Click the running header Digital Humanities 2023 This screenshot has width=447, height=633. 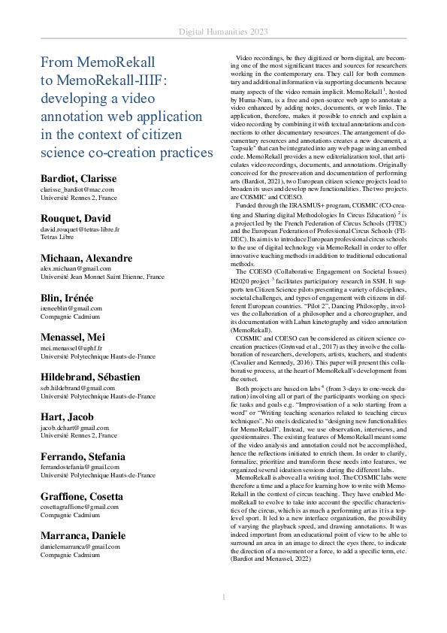(x=223, y=31)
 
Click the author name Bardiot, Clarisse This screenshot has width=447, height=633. (x=78, y=178)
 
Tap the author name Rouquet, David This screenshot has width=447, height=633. (x=76, y=218)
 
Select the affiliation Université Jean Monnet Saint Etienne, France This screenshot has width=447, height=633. (x=102, y=277)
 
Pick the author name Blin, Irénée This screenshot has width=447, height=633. (x=67, y=297)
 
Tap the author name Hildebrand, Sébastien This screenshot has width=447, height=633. (x=89, y=376)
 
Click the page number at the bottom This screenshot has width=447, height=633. (x=223, y=596)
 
